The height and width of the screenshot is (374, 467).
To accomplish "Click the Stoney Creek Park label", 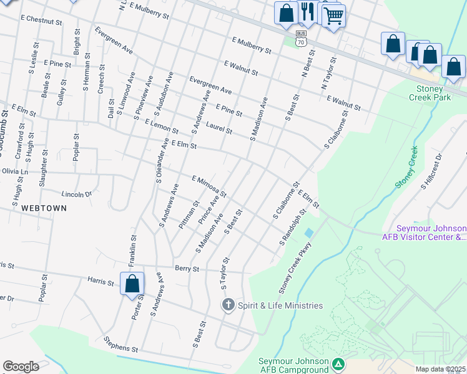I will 430,92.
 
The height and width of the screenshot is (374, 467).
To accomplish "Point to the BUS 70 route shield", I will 302,39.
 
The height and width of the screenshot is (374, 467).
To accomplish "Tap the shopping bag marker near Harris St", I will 132,284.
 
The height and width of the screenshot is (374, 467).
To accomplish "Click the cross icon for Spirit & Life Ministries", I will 229,305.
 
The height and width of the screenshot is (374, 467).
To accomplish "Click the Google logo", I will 21,367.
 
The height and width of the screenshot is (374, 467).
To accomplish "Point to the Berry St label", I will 187,269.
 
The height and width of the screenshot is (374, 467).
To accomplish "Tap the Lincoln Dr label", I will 76,194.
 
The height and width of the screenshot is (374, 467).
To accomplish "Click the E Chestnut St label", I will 41,21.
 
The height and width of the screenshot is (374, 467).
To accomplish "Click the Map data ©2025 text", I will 440,369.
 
